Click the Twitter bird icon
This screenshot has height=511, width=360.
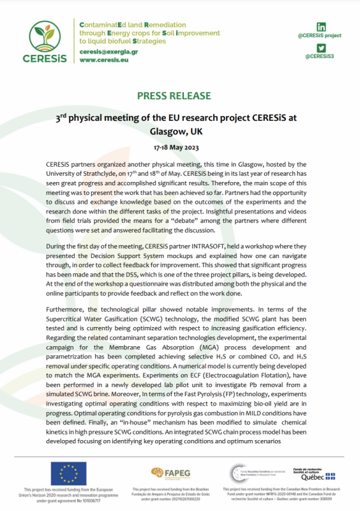320,47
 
